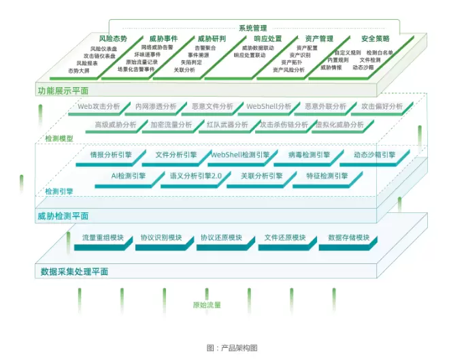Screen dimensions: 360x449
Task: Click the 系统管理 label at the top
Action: (252, 28)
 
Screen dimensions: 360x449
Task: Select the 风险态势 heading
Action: (113, 39)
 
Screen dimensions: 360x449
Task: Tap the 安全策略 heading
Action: (376, 39)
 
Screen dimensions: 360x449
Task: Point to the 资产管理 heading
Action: (318, 39)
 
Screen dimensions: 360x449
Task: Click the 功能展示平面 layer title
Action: (63, 90)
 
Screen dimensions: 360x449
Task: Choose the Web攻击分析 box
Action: (99, 107)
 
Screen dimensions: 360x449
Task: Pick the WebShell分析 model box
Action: (269, 107)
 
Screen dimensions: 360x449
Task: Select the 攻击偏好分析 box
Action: (382, 107)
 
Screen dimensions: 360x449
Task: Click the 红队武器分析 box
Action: (227, 125)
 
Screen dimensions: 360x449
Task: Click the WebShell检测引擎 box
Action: (239, 155)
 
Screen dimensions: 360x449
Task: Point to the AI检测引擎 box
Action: (129, 176)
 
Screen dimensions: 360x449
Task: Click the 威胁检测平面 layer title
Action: (63, 216)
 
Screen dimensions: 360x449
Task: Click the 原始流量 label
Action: (207, 305)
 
